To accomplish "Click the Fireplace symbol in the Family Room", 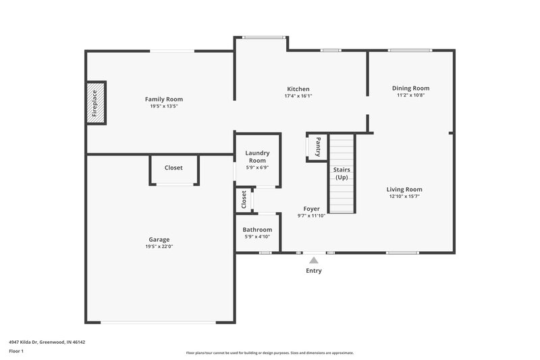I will (96, 103).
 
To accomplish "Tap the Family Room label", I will (164, 99).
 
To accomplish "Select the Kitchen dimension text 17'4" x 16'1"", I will (298, 96).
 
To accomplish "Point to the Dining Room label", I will (410, 88).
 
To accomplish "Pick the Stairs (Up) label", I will (342, 173).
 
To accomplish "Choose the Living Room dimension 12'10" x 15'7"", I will (404, 197).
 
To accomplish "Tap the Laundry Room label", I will (257, 157).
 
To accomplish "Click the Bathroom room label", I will (258, 230).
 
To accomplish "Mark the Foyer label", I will (311, 209).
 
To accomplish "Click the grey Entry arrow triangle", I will (313, 259).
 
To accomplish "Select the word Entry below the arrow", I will (313, 271).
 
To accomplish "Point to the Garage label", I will (159, 239).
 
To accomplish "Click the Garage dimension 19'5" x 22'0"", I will (159, 247).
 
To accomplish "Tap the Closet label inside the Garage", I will (173, 168).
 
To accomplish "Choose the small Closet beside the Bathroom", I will (244, 199).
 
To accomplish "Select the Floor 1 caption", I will (17, 352).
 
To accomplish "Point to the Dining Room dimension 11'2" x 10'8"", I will (410, 95).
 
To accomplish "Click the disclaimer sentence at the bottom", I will (269, 353).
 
